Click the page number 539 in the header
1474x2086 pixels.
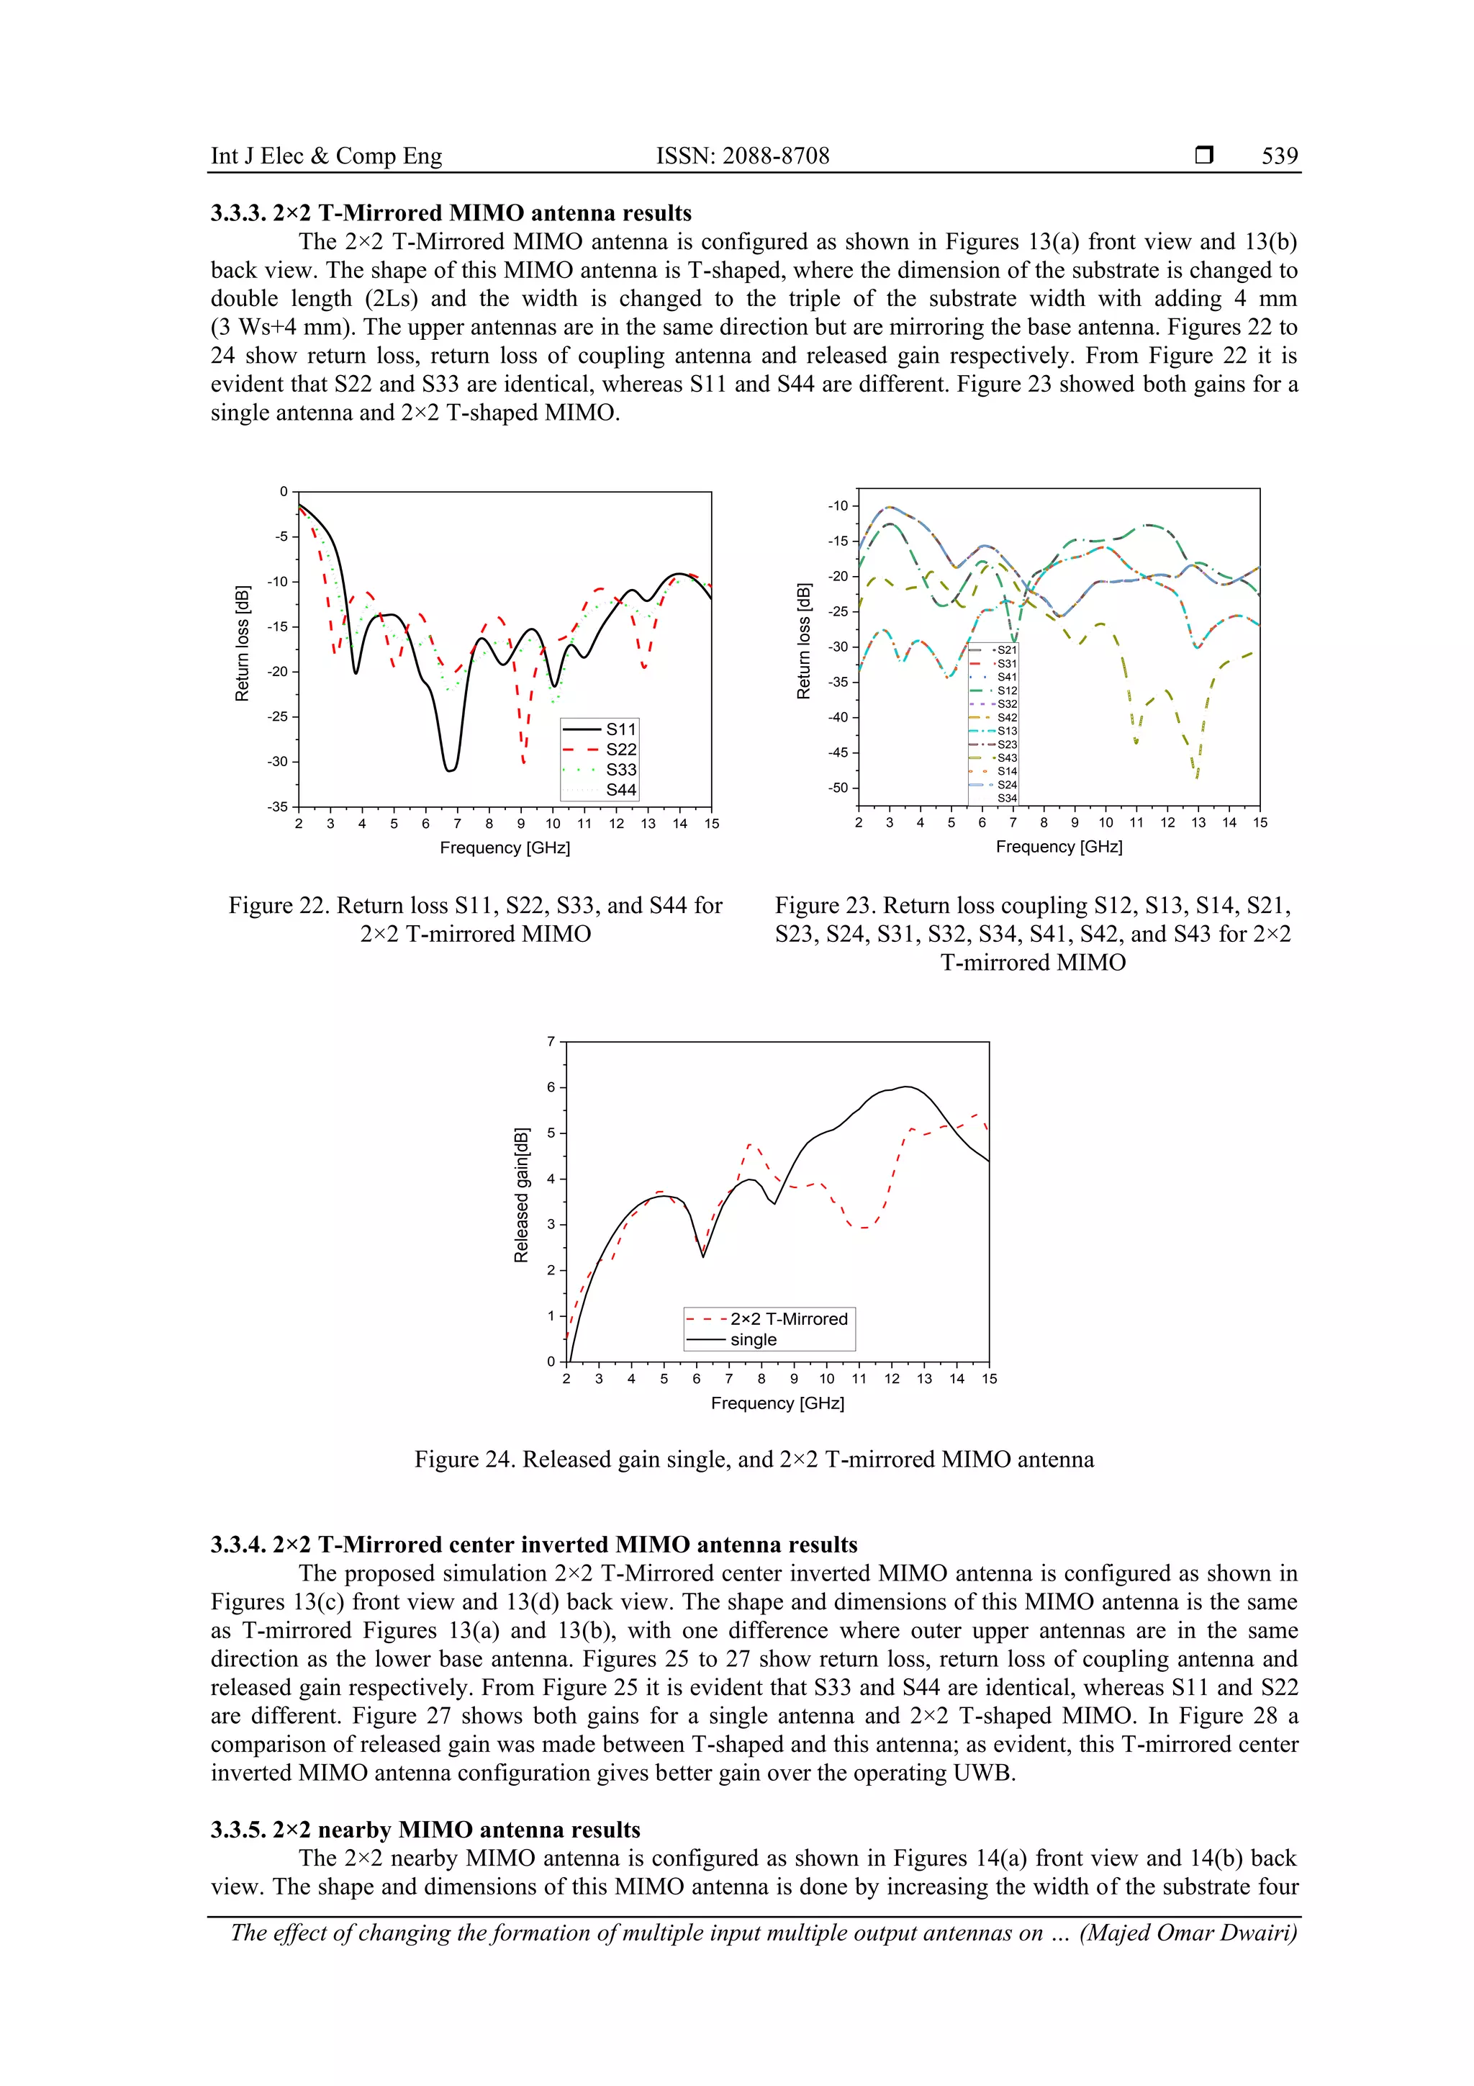1279,156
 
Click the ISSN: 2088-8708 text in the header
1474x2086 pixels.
742,156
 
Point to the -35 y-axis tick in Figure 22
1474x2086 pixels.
277,806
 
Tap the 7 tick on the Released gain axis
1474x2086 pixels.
551,1041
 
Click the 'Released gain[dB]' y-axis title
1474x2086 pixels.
521,1195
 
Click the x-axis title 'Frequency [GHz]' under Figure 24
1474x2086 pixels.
777,1403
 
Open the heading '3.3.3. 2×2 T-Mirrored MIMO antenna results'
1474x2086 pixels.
451,214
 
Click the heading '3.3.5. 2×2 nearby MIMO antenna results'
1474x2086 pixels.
425,1830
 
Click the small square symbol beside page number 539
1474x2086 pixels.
1203,156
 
